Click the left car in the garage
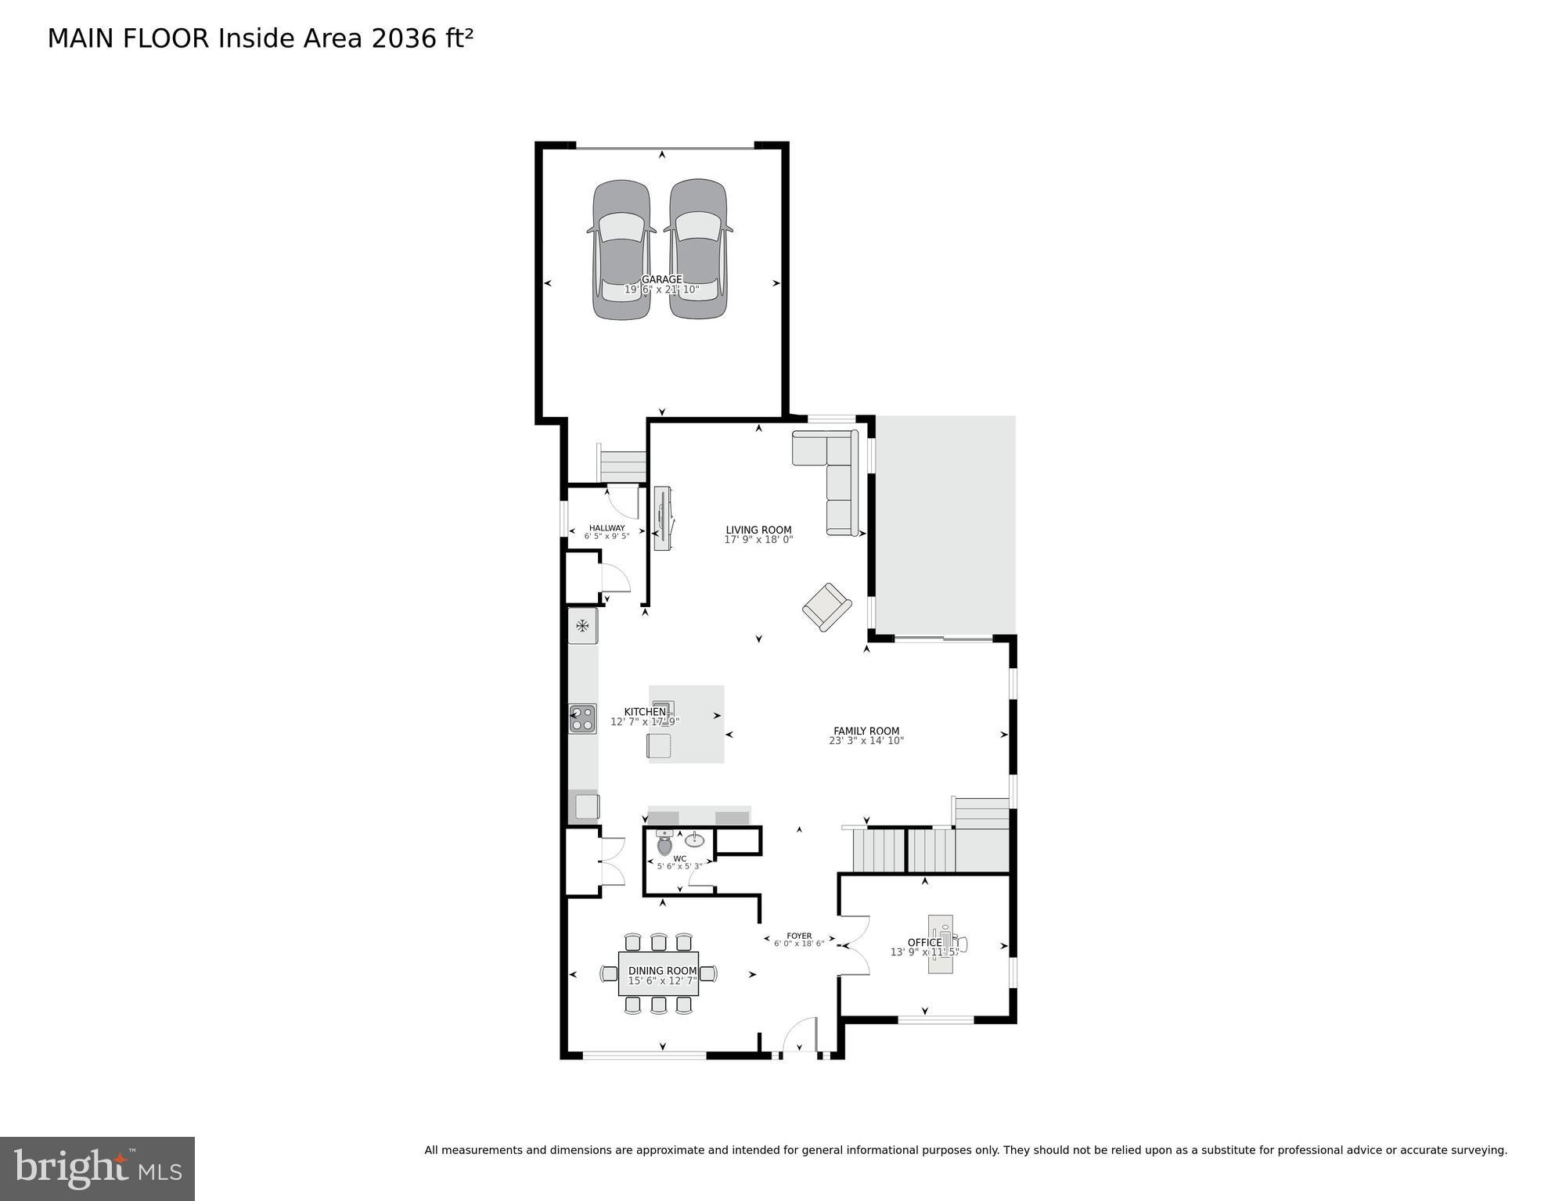pyautogui.click(x=621, y=250)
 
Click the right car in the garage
pyautogui.click(x=698, y=250)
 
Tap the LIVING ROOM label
pyautogui.click(x=758, y=530)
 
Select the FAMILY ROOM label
pyautogui.click(x=866, y=731)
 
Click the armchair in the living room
pyautogui.click(x=826, y=607)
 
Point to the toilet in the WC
pyautogui.click(x=664, y=844)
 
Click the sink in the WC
pyautogui.click(x=695, y=840)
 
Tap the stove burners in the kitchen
pyautogui.click(x=582, y=718)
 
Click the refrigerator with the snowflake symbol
pyautogui.click(x=582, y=625)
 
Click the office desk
pyautogui.click(x=941, y=944)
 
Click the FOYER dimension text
pyautogui.click(x=799, y=944)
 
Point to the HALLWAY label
pyautogui.click(x=607, y=528)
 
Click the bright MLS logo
pyautogui.click(x=97, y=1169)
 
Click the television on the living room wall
pyautogui.click(x=662, y=518)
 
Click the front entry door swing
pyautogui.click(x=800, y=1035)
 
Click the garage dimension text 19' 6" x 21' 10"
pyautogui.click(x=661, y=289)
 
